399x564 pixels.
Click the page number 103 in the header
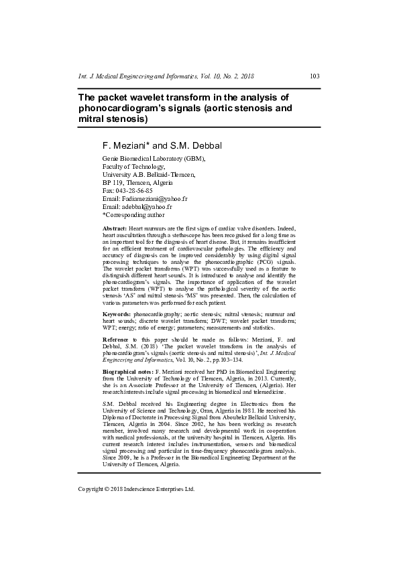(315, 76)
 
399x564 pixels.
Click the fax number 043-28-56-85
(134, 190)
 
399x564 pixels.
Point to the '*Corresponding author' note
(133, 215)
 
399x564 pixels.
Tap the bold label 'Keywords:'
(117, 313)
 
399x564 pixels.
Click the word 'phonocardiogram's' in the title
(125, 108)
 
